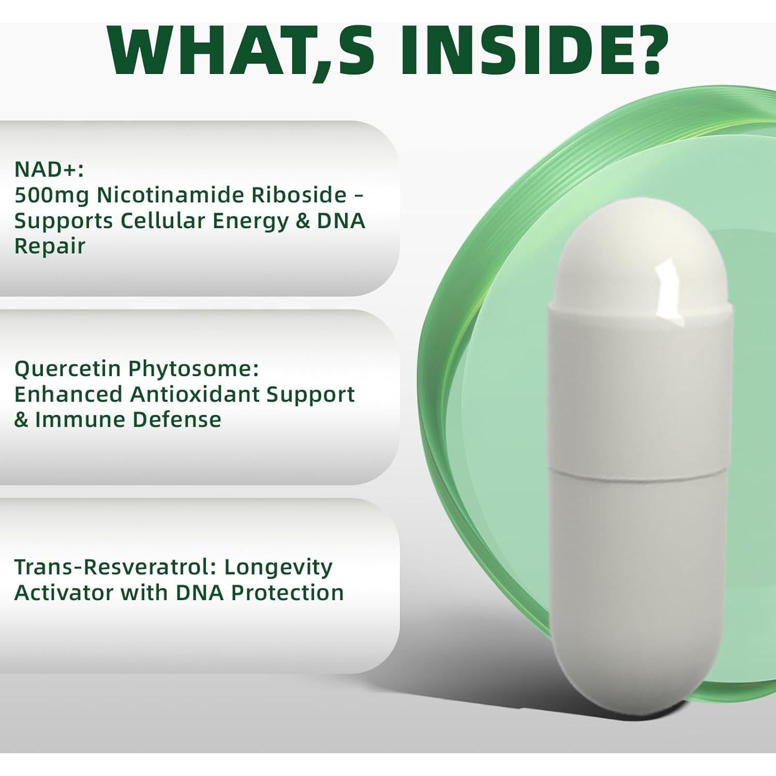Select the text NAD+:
point(49,169)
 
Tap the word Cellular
point(162,220)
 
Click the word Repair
point(50,247)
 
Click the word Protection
point(287,593)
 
